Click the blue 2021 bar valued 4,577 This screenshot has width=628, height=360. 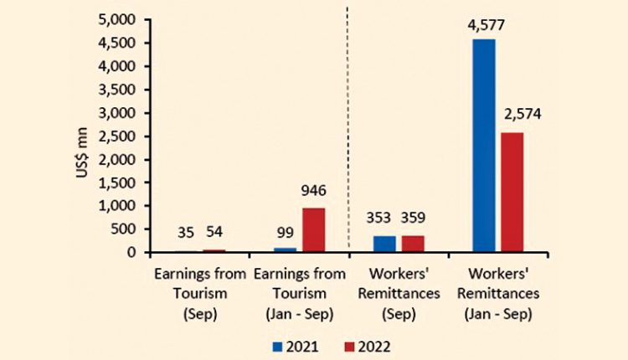[484, 146]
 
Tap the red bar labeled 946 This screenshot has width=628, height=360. [313, 230]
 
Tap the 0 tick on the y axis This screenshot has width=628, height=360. [132, 253]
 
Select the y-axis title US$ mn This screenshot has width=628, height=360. [84, 136]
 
